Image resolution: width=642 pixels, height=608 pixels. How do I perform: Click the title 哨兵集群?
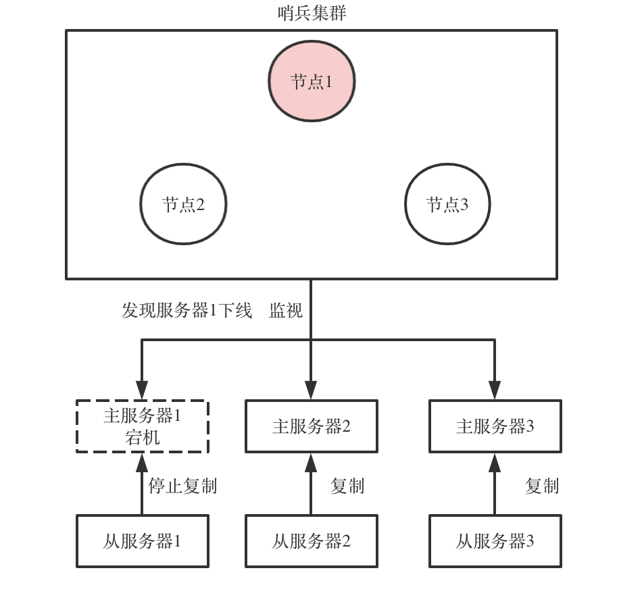[x=312, y=12]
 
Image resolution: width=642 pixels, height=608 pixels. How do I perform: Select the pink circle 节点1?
[x=312, y=81]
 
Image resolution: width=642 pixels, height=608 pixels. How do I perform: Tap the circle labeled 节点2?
[x=183, y=203]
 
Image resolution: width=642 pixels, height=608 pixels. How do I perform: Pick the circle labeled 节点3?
[x=447, y=203]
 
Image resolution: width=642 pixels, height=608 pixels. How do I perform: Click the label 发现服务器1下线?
[x=187, y=311]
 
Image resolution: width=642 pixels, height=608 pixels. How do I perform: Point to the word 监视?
[x=286, y=311]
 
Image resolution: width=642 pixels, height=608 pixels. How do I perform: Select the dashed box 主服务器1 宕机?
[x=142, y=426]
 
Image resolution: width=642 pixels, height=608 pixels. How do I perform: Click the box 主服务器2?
[x=311, y=426]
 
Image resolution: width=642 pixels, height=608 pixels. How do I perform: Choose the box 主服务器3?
[x=495, y=426]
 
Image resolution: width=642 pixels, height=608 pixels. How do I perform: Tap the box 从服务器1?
[x=142, y=541]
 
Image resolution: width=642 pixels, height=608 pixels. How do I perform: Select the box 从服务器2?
[x=311, y=541]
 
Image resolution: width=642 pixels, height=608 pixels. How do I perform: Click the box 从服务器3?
[x=495, y=541]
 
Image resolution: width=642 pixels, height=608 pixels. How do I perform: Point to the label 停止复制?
[x=182, y=486]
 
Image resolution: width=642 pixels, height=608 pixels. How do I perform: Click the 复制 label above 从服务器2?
[x=347, y=486]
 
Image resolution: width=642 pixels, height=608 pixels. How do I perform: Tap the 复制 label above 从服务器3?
[x=542, y=486]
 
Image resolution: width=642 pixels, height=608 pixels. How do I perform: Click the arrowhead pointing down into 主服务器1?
[x=142, y=390]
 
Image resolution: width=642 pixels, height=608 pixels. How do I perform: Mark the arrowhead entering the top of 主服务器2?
[x=311, y=390]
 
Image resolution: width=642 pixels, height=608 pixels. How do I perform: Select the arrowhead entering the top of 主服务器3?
[x=495, y=390]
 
